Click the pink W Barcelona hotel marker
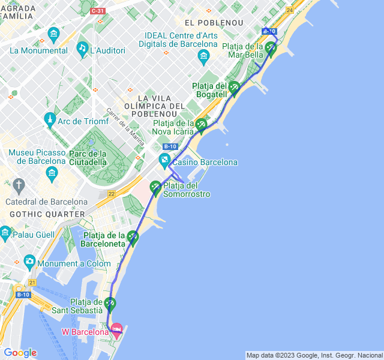[x=117, y=328]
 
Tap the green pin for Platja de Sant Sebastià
[x=110, y=304]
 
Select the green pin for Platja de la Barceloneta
[x=133, y=238]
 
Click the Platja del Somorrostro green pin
[x=155, y=187]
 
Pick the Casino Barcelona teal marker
[x=164, y=160]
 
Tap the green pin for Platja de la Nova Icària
[x=201, y=125]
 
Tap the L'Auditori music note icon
[x=82, y=48]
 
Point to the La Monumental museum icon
[x=53, y=34]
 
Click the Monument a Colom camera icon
[x=29, y=261]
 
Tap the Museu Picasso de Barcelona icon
[x=51, y=175]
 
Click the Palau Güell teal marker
[x=6, y=232]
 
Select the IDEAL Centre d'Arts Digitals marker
[x=203, y=57]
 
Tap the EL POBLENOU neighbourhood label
[x=214, y=23]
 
